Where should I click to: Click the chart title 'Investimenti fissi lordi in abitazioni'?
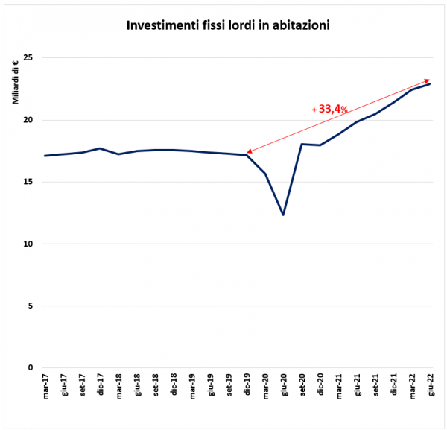pos(228,25)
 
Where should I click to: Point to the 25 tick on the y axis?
pos(31,58)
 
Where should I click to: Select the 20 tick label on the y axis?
pos(31,120)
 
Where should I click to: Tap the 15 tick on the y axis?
pos(31,182)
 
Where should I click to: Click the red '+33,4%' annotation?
pos(330,110)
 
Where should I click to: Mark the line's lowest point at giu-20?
pos(284,215)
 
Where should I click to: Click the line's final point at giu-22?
pos(431,83)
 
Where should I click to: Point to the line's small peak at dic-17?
pos(100,148)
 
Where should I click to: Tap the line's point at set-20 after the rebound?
pos(302,144)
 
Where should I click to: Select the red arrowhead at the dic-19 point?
pos(250,152)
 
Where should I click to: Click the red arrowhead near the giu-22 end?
pos(427,80)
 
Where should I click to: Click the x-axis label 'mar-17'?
pos(45,388)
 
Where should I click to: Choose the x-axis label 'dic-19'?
pos(247,388)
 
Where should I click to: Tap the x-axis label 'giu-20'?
pos(284,388)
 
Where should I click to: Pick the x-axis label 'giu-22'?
pos(431,388)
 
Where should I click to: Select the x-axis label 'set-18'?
pos(156,388)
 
